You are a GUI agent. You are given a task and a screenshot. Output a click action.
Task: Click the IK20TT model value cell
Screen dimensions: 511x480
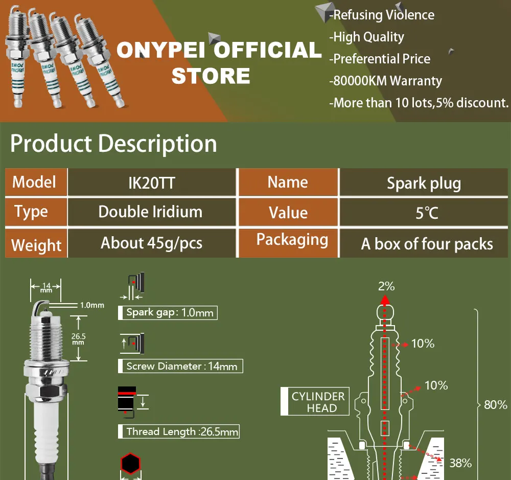tap(151, 182)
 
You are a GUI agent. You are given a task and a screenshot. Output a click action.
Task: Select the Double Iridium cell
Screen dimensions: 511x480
tap(150, 212)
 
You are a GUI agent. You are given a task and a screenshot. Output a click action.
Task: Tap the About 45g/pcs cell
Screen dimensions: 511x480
tap(151, 243)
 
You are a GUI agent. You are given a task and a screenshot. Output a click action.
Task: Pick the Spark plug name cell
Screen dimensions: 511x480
tap(424, 183)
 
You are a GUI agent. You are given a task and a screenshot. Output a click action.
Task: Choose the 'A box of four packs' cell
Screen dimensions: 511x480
tap(427, 244)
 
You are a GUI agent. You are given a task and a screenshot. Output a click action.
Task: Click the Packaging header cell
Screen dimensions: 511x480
tap(292, 240)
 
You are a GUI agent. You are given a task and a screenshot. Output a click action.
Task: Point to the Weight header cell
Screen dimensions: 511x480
tap(36, 245)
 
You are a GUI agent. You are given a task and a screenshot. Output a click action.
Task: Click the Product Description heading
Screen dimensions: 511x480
tap(113, 144)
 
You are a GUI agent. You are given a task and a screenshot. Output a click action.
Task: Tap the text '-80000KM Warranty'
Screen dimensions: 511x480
tap(386, 81)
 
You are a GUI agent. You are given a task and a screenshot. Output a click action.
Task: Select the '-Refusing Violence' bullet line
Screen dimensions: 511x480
tap(382, 15)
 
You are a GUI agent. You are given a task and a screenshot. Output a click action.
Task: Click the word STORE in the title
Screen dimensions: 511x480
tap(211, 76)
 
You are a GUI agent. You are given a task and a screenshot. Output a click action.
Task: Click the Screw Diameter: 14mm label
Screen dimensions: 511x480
tap(180, 366)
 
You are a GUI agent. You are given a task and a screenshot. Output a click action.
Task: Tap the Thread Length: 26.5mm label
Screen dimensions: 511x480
tap(181, 431)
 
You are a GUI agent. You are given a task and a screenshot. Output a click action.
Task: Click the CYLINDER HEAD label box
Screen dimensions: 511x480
tap(315, 402)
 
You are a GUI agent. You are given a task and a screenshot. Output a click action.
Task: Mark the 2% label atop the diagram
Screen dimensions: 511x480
tap(386, 286)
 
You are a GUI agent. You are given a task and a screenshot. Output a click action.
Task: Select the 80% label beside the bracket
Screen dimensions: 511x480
tap(495, 405)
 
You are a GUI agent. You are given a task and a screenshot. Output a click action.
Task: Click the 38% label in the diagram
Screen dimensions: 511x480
tap(460, 463)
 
